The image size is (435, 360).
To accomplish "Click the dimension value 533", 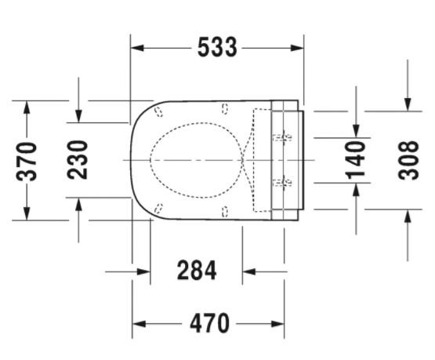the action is pos(217,48).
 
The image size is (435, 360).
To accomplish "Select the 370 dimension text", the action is pos(27,162).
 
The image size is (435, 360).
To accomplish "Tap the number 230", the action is pos(78,160).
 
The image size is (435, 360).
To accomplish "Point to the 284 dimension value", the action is pos(197,270).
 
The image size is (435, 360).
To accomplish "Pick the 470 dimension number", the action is pos(209,323).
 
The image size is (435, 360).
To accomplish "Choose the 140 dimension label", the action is pos(355,160).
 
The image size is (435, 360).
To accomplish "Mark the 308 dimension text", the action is pos(408,161).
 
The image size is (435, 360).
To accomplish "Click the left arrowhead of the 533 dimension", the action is pos(137,48).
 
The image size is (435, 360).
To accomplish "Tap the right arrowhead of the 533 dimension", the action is pos(297,48).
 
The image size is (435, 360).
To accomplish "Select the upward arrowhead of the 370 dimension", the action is pos(27,107).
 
